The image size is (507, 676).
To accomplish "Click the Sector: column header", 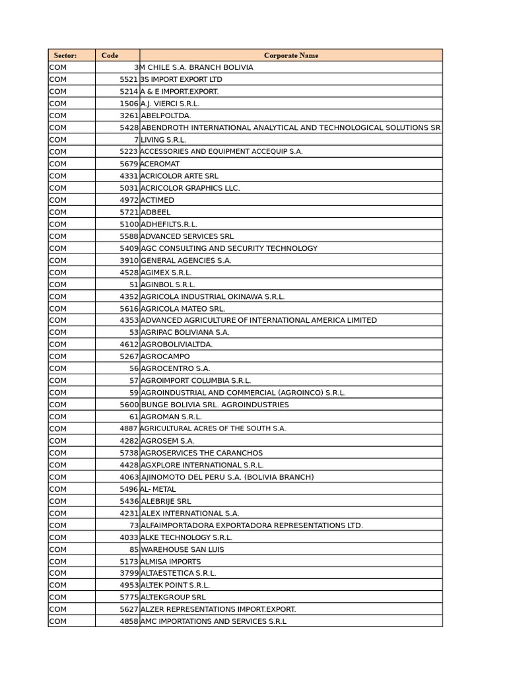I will [65, 55].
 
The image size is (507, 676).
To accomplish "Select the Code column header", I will [110, 55].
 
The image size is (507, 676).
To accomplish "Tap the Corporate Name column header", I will [290, 55].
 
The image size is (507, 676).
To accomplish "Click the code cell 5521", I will [129, 79].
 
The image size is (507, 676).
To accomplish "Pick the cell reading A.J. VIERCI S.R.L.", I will [170, 104].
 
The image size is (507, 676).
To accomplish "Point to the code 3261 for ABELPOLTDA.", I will [129, 116].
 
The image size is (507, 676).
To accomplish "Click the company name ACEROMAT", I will [160, 164].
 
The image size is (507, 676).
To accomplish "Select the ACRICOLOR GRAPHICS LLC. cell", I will [190, 188].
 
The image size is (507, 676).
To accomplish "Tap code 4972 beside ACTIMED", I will [129, 200].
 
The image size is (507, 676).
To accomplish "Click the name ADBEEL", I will [156, 213].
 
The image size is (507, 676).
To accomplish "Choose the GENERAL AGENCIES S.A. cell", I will [186, 261].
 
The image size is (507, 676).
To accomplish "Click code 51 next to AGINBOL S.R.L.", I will [133, 285].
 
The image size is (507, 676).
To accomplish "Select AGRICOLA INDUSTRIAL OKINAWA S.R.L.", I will [213, 297].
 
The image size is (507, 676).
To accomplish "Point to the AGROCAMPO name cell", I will [165, 356].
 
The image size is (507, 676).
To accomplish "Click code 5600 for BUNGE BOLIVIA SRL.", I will [129, 405].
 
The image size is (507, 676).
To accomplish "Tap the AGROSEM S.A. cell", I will [168, 441].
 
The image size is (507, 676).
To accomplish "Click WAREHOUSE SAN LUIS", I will [182, 549].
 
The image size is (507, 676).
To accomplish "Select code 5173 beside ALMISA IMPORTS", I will [129, 562].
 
